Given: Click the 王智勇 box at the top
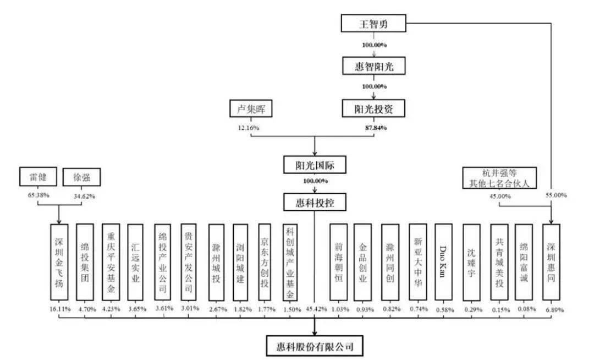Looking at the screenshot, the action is (x=373, y=24).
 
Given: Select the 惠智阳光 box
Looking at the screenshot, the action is (x=374, y=66).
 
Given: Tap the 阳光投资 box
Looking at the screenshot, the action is (x=373, y=109).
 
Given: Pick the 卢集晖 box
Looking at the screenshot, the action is (x=251, y=109).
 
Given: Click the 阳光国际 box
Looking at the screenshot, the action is (x=315, y=165).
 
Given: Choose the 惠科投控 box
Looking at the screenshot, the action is (x=315, y=203).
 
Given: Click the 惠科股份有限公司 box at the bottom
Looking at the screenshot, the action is (x=315, y=346).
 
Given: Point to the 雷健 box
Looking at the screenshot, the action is (x=38, y=177).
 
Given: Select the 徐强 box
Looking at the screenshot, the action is (x=81, y=177).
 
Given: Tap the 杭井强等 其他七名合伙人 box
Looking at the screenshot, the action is (x=499, y=178).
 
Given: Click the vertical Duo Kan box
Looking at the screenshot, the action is (x=443, y=262).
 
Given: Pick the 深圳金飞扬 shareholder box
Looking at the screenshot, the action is (x=59, y=262).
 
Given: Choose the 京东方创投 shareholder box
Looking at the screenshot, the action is (x=265, y=262).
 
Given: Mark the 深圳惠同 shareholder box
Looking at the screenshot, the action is (x=551, y=262).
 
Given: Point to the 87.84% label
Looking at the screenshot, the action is (x=376, y=128).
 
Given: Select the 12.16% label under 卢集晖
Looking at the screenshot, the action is (x=249, y=128).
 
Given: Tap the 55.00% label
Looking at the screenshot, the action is (x=556, y=195).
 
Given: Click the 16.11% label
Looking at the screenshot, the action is (x=60, y=309).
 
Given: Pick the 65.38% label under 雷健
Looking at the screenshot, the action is (x=38, y=195).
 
